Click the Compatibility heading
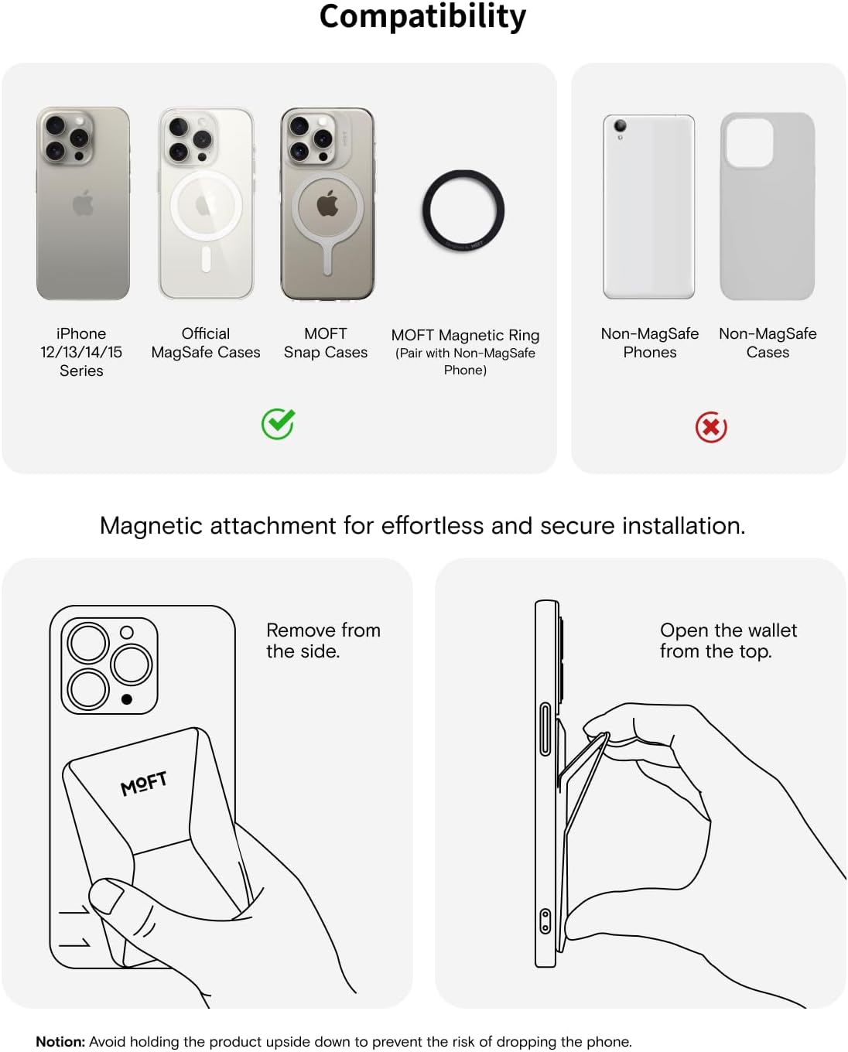pos(422,18)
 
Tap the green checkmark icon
pos(278,423)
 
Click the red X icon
pos(710,427)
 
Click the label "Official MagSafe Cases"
pos(205,343)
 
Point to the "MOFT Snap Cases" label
pos(325,343)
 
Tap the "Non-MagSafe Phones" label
pos(649,343)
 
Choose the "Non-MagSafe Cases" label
pos(768,343)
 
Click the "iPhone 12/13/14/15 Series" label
pos(81,352)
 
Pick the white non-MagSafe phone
pos(648,207)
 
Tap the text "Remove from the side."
pos(323,640)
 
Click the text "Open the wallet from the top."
pos(728,640)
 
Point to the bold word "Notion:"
pos(60,1041)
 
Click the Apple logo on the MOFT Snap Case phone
pos(327,203)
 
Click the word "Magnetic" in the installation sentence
pos(151,527)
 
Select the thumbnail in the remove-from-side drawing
pos(104,897)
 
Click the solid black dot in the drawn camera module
pos(127,699)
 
